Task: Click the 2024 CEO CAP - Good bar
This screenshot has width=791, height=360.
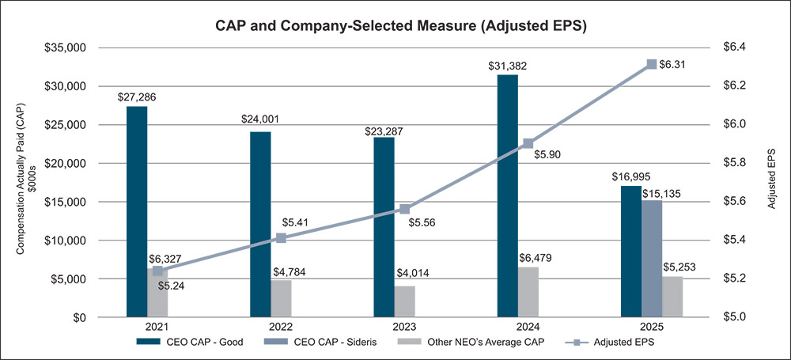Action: tap(507, 196)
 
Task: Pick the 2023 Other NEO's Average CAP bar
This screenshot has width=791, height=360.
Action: tap(404, 301)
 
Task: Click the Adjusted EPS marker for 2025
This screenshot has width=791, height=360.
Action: tap(652, 64)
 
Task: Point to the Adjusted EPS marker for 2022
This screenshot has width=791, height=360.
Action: tap(281, 238)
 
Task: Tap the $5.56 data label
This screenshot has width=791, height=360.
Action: tap(424, 222)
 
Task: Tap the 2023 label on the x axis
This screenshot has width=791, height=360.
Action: tap(404, 326)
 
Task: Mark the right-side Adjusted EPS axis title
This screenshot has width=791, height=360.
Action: tap(773, 182)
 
